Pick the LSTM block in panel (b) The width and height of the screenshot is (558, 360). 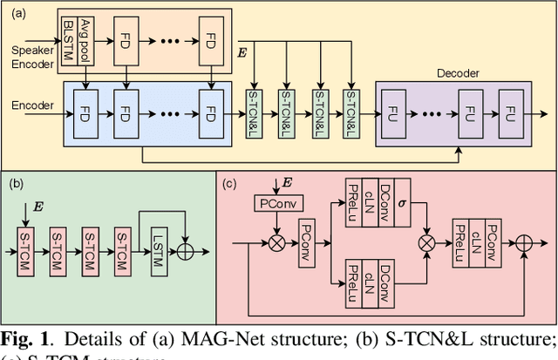pyautogui.click(x=157, y=250)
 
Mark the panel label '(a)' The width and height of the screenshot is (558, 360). pyautogui.click(x=17, y=12)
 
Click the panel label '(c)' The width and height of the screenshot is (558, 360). pyautogui.click(x=231, y=183)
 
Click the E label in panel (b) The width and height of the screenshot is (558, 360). pyautogui.click(x=37, y=207)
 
